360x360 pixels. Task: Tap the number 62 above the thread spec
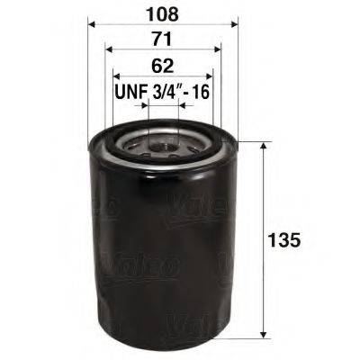tap(163, 65)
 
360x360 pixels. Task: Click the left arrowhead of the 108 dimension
tap(92, 26)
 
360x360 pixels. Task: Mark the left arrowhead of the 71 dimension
tap(109, 51)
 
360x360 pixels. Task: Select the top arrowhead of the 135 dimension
tap(262, 146)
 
